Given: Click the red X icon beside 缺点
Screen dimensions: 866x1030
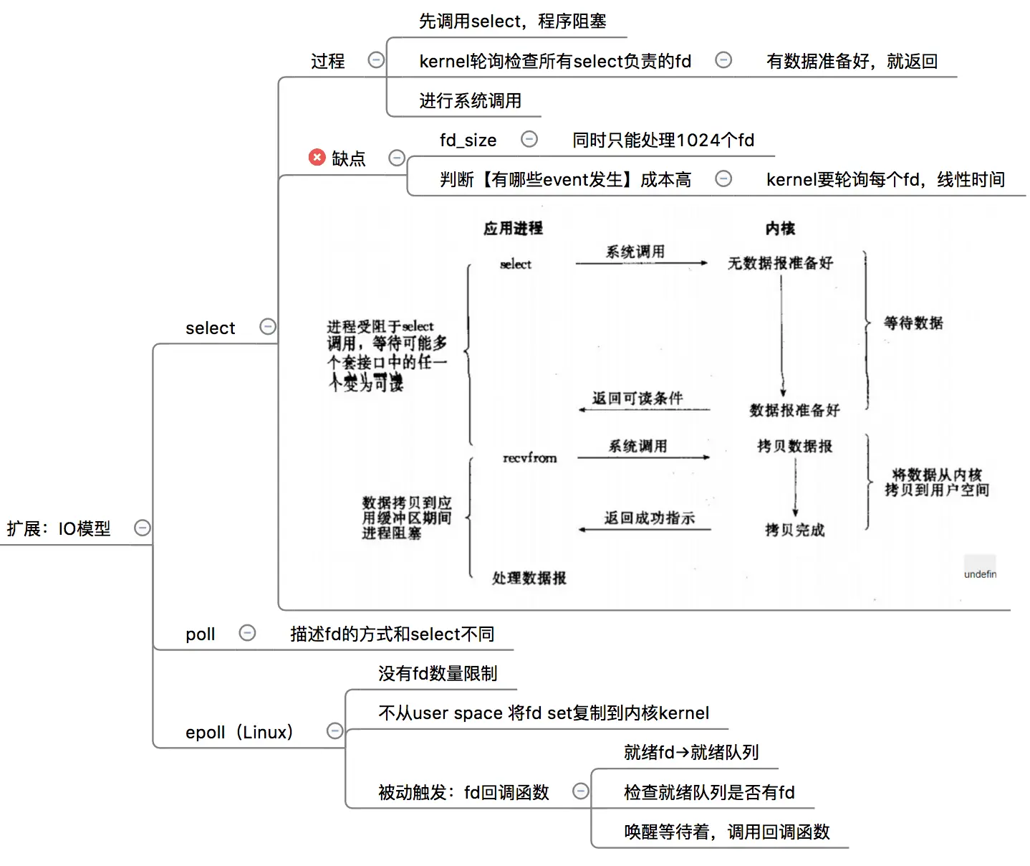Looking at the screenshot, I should (x=317, y=157).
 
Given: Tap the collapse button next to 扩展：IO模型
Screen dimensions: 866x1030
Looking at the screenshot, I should (x=143, y=528).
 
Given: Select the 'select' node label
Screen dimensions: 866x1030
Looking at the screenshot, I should (x=210, y=328).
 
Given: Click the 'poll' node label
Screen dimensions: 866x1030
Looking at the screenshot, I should (x=200, y=634).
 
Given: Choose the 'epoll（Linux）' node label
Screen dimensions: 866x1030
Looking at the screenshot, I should (x=239, y=732).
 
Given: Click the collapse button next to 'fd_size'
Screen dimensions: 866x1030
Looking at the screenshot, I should (x=529, y=139).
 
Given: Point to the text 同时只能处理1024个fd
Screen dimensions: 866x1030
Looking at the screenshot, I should (x=663, y=140).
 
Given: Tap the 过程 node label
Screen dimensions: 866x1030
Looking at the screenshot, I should (x=328, y=61).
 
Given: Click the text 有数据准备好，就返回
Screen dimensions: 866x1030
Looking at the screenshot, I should (x=852, y=61).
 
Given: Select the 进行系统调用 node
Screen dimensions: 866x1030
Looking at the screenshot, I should (x=470, y=100).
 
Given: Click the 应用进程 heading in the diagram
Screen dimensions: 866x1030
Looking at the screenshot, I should (x=513, y=228).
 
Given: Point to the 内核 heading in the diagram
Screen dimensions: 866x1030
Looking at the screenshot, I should (x=780, y=228).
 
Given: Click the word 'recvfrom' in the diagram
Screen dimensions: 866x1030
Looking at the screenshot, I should (x=529, y=458).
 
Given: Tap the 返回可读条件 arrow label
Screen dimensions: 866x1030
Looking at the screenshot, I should (x=637, y=398).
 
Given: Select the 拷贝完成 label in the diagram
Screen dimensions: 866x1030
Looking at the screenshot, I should (x=794, y=530).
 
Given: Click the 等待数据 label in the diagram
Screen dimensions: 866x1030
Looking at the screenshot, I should (x=913, y=323).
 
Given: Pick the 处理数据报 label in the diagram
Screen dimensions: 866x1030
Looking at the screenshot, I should (x=529, y=578).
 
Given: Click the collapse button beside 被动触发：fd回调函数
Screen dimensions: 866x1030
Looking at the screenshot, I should (x=581, y=791).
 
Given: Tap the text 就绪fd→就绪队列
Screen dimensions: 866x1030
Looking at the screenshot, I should (x=691, y=752).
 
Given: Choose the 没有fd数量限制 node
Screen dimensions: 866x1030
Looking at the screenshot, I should (x=438, y=673).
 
